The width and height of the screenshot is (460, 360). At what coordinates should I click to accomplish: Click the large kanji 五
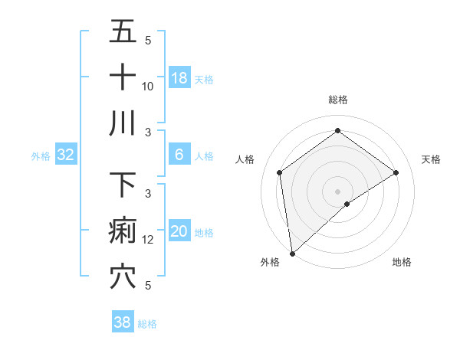(x=123, y=31)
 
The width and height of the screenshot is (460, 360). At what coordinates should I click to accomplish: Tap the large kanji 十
(x=123, y=77)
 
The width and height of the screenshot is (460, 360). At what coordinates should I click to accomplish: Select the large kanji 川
(x=123, y=123)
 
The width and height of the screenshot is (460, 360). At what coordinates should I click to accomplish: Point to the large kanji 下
(x=123, y=185)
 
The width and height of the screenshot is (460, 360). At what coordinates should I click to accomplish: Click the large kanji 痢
(x=123, y=231)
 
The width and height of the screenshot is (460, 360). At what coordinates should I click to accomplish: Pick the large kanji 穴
(x=123, y=277)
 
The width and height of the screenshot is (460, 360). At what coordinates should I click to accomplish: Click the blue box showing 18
(x=179, y=77)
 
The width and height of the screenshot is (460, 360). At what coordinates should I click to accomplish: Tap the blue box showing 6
(x=179, y=155)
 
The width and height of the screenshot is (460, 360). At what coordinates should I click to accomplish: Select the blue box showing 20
(x=179, y=232)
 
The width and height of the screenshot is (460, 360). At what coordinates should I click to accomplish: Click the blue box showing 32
(x=66, y=155)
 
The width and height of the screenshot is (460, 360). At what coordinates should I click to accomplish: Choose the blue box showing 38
(x=123, y=322)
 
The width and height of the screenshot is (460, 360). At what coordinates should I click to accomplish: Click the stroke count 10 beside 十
(x=148, y=86)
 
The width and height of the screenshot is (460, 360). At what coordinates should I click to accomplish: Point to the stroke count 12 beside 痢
(x=148, y=239)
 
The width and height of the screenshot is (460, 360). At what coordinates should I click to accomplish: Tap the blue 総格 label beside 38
(x=147, y=324)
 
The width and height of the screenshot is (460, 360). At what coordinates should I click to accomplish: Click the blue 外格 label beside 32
(x=41, y=156)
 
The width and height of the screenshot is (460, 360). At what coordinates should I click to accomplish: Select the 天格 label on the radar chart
(x=431, y=159)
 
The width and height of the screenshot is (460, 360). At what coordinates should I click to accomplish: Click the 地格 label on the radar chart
(x=402, y=262)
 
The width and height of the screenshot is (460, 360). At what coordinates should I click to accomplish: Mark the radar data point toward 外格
(x=291, y=253)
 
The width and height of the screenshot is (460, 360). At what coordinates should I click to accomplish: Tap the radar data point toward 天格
(x=396, y=172)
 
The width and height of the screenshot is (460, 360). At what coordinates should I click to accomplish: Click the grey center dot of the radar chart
(x=337, y=190)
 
